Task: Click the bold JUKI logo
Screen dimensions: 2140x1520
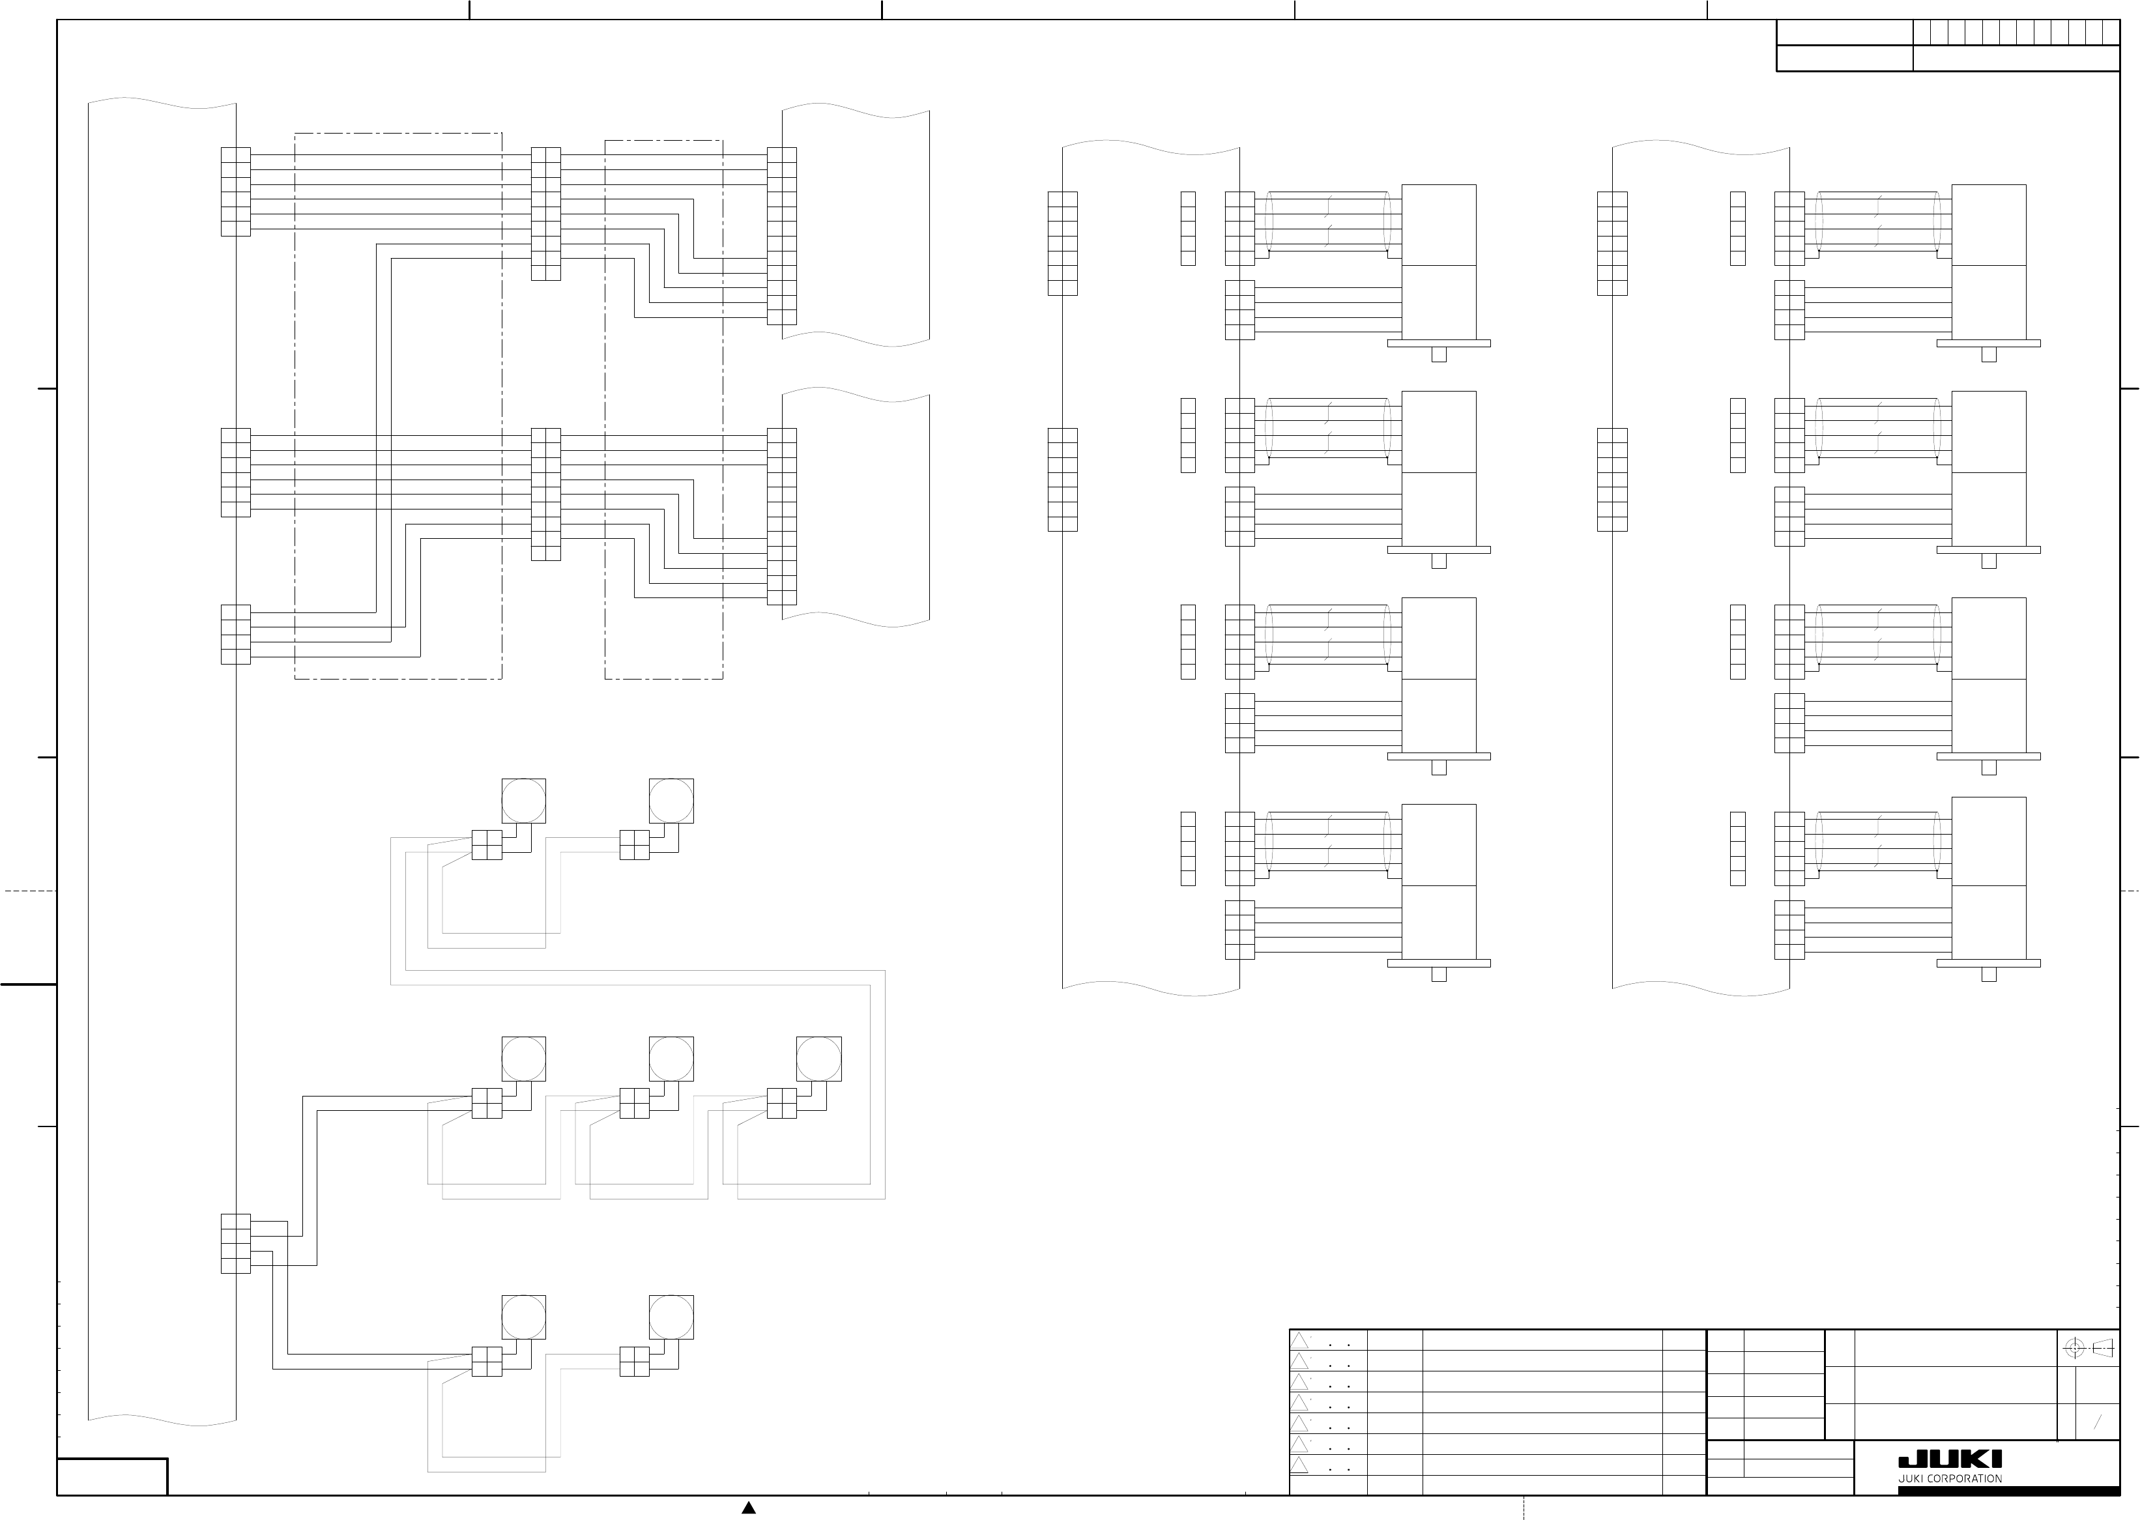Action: point(1949,1459)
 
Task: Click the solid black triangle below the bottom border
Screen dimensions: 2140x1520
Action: point(748,1507)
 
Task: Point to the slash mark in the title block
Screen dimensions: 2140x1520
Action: point(2097,1424)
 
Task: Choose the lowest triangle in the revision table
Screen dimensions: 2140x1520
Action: point(1299,1465)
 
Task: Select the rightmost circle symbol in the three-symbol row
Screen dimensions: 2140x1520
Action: point(818,1059)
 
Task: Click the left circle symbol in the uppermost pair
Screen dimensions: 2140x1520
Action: point(523,800)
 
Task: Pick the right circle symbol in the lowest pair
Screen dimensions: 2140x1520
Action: point(671,1317)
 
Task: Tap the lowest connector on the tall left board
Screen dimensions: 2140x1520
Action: point(235,1243)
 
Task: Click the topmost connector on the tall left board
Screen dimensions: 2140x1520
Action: point(235,192)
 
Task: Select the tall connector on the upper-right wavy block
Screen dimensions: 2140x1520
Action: point(782,236)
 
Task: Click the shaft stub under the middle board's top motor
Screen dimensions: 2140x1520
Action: point(1439,354)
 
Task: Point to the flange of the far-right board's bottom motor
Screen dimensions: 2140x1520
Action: point(1988,962)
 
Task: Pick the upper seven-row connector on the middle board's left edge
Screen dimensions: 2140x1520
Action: point(1063,244)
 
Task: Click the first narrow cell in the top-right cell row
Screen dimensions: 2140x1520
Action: point(1921,32)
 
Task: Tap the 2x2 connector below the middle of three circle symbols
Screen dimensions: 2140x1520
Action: point(634,1104)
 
